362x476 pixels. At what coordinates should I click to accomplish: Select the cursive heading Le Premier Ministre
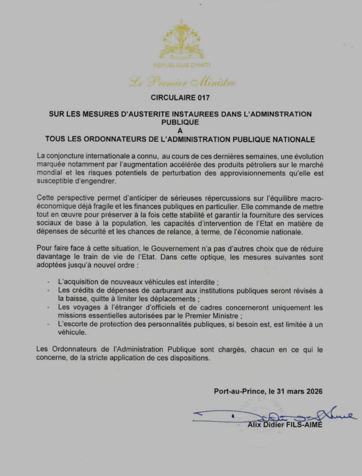click(x=182, y=83)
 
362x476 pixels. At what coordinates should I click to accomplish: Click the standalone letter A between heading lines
click(x=181, y=131)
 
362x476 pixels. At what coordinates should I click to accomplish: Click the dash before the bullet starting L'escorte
click(x=49, y=324)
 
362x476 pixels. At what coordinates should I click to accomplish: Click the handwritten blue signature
click(x=275, y=414)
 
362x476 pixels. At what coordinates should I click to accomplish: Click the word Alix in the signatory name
click(x=255, y=425)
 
